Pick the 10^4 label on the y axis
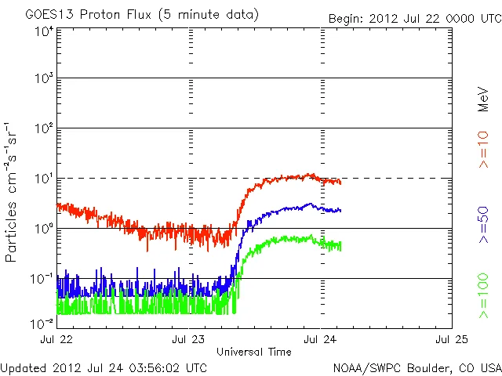click(x=44, y=32)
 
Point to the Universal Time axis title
click(x=253, y=352)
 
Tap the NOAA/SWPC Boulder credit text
click(x=416, y=367)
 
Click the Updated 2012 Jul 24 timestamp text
click(x=104, y=367)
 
